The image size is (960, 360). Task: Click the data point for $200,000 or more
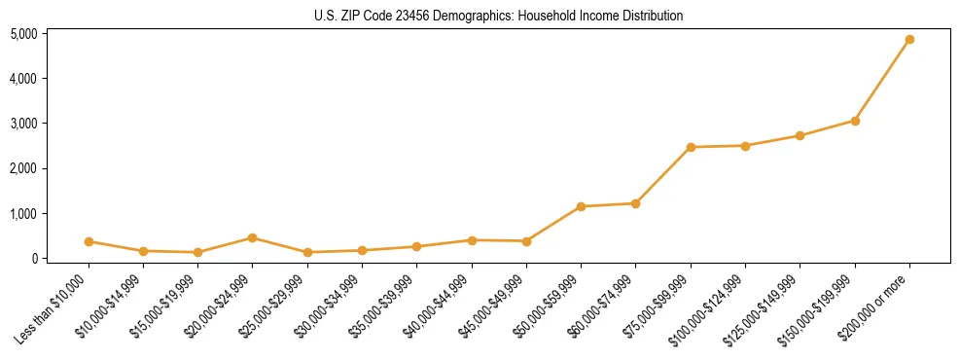click(909, 40)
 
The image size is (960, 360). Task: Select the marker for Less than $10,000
click(89, 241)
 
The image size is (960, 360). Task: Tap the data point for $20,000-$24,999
click(252, 237)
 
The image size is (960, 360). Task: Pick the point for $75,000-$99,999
click(691, 147)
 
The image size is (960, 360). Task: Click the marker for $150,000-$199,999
click(855, 121)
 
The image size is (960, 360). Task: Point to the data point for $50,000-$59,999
click(581, 206)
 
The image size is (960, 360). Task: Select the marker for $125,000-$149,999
click(800, 135)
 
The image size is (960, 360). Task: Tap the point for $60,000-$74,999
click(635, 203)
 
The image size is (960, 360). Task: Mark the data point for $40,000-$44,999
click(471, 240)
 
